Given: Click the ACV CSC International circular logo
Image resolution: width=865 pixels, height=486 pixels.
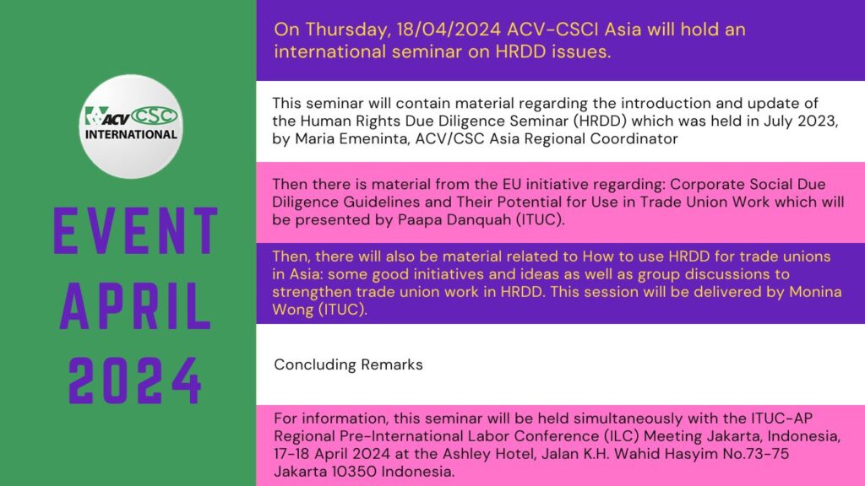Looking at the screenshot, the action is coord(131,127).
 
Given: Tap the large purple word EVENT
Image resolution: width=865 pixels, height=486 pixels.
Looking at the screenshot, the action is coord(136,231).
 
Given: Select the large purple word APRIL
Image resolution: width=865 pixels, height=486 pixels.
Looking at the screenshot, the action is coord(136,306).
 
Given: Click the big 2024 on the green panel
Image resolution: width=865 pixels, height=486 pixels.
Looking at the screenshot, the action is coord(134,381).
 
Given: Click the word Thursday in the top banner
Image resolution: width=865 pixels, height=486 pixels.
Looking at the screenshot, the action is coord(346,30).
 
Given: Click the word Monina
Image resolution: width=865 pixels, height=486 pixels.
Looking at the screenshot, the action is coord(815,291).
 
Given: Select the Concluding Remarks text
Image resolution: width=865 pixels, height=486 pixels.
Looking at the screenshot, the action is coord(348,364).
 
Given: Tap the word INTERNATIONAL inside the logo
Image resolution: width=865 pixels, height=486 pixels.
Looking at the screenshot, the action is coord(131,134).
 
